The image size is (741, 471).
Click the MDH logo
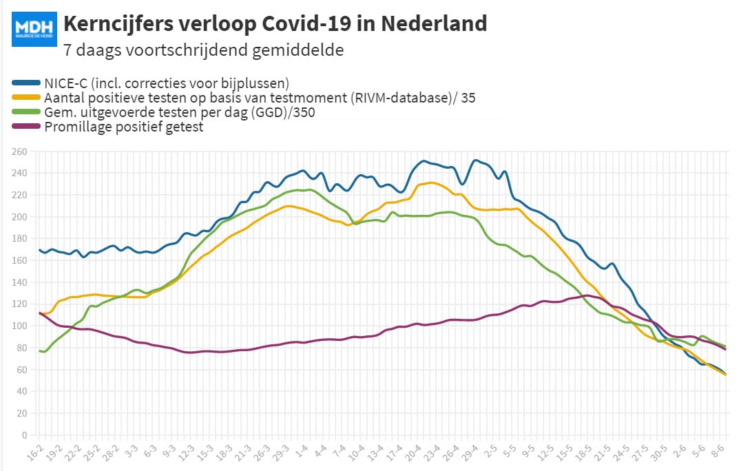34,30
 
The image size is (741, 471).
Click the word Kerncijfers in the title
118,24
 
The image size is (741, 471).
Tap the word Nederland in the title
434,23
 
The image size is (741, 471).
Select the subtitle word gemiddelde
298,50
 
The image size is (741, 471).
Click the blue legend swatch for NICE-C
26,83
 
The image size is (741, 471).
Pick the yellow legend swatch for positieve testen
26,97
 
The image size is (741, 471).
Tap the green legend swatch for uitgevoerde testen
26,112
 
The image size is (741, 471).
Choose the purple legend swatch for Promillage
26,126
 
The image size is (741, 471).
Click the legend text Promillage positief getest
124,127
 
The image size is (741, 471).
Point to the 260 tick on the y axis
19,151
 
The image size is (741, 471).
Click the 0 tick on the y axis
25,435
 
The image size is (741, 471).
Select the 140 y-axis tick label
19,282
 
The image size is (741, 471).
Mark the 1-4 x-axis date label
301,452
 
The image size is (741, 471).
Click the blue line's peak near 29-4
475,160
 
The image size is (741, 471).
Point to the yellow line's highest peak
431,183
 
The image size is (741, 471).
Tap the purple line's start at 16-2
40,313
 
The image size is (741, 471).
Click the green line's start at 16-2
40,351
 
